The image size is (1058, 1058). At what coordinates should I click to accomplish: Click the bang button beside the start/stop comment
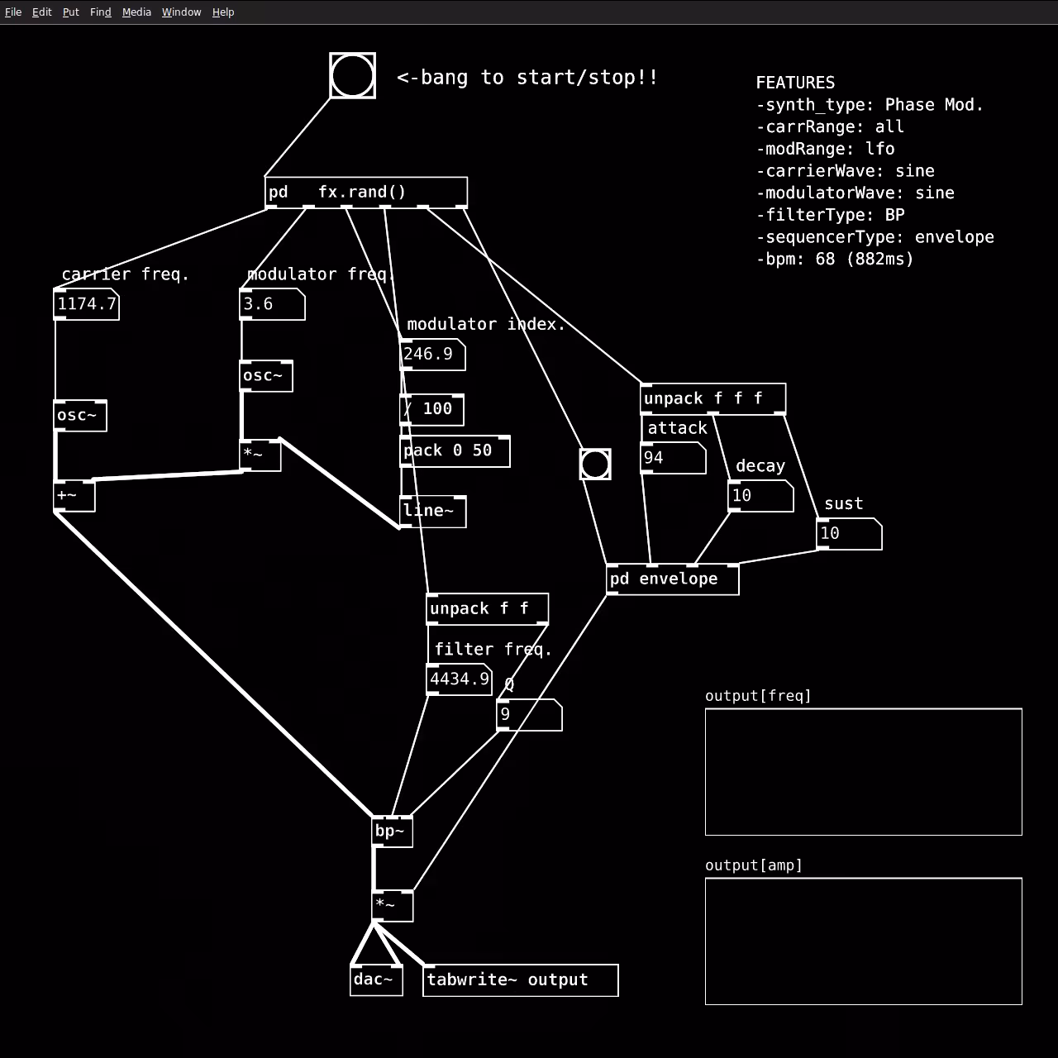[352, 76]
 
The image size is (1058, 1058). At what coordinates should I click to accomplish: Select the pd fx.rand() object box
[366, 193]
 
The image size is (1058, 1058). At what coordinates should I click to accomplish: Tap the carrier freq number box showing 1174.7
[86, 304]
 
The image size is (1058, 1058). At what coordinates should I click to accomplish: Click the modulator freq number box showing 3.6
[272, 304]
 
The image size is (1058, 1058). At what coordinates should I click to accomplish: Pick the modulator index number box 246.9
[432, 355]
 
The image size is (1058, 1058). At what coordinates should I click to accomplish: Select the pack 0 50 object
[455, 451]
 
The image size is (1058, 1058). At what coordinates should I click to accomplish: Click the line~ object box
[433, 512]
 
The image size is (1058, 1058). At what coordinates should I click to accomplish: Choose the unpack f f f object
[713, 399]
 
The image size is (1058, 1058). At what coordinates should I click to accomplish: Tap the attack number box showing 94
[673, 458]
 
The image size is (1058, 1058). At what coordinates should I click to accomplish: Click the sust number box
[850, 534]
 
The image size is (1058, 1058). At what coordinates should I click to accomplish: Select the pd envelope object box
[673, 579]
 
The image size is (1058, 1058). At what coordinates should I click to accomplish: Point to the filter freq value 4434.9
[460, 679]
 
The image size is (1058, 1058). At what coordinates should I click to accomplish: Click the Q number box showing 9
[529, 715]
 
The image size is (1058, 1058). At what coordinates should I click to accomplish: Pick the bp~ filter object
[393, 832]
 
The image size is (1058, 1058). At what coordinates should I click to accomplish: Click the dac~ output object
[377, 980]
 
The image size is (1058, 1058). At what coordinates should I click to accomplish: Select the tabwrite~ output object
[521, 980]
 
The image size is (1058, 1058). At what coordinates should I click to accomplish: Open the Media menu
[136, 12]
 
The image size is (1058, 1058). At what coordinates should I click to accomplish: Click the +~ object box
[74, 496]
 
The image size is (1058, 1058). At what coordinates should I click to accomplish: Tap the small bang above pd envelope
[595, 465]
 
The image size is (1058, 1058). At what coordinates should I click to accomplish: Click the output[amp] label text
[753, 866]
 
